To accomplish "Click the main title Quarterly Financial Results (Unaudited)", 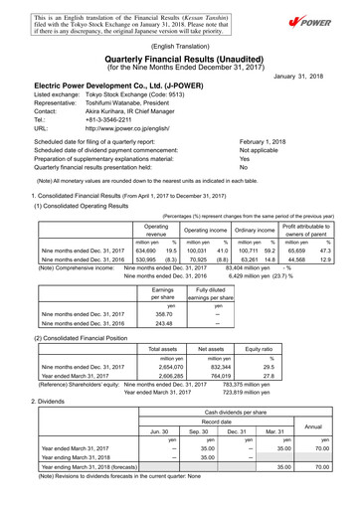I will tap(180, 58).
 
